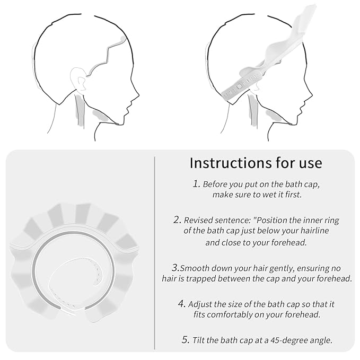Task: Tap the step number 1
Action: pos(197,183)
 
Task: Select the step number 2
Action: pos(177,219)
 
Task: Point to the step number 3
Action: pos(175,267)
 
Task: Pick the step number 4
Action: pos(182,303)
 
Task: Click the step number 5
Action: pos(186,339)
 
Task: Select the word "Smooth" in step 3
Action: pos(195,268)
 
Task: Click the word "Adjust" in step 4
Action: pos(200,305)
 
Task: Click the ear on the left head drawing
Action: pos(78,78)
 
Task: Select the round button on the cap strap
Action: pos(239,86)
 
